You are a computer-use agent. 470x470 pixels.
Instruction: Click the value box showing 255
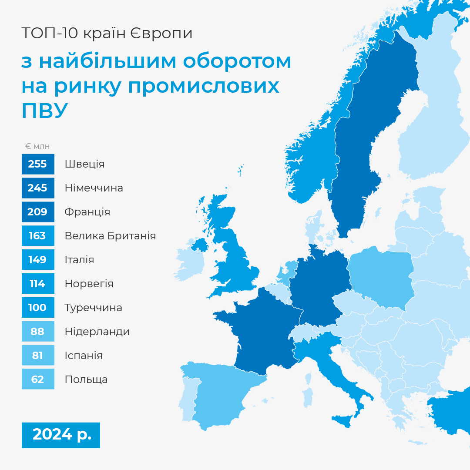(x=38, y=164)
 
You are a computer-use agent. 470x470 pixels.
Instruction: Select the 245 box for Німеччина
(x=38, y=188)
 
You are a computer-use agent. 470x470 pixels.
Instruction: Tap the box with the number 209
(x=38, y=212)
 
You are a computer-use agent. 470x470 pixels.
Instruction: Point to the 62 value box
(x=38, y=379)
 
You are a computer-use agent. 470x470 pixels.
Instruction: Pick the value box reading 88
(x=38, y=331)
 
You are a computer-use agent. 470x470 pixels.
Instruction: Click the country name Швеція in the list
(x=84, y=164)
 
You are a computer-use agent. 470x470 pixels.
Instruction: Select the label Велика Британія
(x=110, y=236)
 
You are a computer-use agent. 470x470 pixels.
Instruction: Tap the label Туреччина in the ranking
(x=94, y=308)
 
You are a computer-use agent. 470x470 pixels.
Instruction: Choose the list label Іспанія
(x=84, y=356)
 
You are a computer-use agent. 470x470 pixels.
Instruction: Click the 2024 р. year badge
(x=61, y=435)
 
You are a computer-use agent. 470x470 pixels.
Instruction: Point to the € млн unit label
(x=37, y=146)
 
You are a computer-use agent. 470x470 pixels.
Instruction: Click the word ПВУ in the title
(x=45, y=110)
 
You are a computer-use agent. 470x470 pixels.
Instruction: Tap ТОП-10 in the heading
(x=50, y=33)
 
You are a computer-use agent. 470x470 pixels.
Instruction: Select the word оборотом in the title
(x=237, y=61)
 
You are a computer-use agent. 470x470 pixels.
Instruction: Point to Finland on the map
(x=432, y=114)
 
